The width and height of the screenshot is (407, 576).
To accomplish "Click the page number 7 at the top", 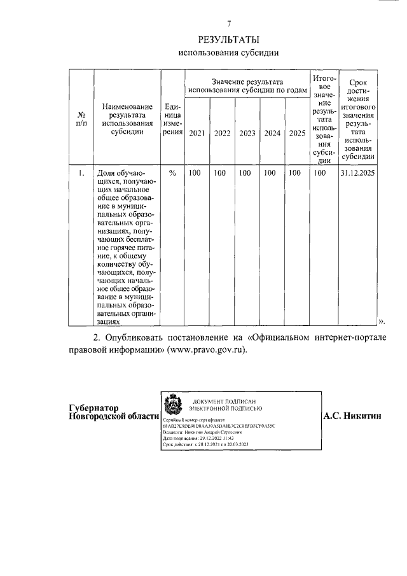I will (x=229, y=24).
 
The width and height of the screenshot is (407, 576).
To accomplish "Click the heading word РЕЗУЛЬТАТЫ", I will (x=229, y=39).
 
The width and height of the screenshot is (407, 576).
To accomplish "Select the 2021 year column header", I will (x=197, y=134).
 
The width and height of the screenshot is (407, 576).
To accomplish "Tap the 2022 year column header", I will (x=222, y=134).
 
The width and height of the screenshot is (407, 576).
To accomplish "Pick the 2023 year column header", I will (x=247, y=134).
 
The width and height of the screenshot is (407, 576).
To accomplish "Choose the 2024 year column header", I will (x=272, y=134).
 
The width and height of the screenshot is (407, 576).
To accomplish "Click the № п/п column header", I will (x=81, y=119).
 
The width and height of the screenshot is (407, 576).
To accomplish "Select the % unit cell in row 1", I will (x=172, y=172).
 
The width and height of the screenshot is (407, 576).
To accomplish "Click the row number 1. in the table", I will (x=81, y=172).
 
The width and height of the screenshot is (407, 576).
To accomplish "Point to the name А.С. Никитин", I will (x=352, y=416).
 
